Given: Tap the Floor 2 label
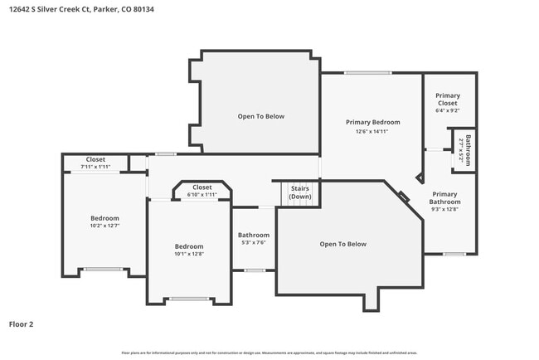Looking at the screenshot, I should [21, 324].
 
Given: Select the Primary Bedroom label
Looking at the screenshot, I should [372, 123].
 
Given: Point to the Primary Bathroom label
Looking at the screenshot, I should [444, 198].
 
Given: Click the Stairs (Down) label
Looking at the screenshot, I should [300, 192].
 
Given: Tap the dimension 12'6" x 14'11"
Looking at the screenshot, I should [372, 131].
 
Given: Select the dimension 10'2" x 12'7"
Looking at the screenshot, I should [105, 226].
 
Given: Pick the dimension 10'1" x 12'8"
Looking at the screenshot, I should [189, 255].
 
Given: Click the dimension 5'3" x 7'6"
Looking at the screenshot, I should [254, 243].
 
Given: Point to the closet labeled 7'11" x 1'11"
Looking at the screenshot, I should [95, 168].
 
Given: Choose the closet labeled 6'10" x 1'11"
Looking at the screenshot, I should [202, 195].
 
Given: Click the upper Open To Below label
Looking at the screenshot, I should [261, 116].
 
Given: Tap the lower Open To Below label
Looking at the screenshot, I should [343, 244].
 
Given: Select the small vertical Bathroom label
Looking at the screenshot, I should [468, 149].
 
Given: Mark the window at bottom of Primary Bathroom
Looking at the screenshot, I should [453, 254].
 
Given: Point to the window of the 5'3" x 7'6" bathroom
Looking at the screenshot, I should [255, 270].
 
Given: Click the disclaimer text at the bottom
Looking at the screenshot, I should [269, 353].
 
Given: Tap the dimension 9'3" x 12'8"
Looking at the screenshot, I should [444, 209].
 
